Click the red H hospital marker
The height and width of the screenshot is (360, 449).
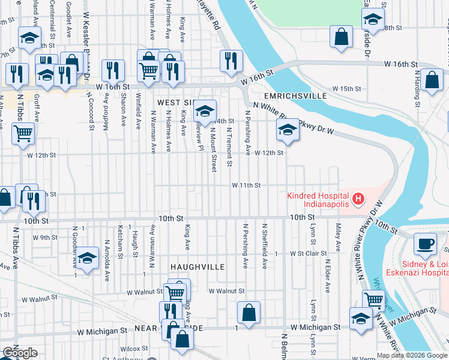tap(358, 199)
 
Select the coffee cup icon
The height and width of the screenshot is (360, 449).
tap(426, 244)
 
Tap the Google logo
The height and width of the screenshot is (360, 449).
tap(20, 352)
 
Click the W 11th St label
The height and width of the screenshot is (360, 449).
tap(247, 185)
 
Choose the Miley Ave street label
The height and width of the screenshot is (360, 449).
tap(339, 238)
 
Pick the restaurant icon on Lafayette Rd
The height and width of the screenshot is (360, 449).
tap(231, 61)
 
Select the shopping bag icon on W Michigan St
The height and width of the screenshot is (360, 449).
tap(248, 313)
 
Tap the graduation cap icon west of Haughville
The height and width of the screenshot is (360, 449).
tap(88, 259)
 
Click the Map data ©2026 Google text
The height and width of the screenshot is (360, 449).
tap(412, 355)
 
